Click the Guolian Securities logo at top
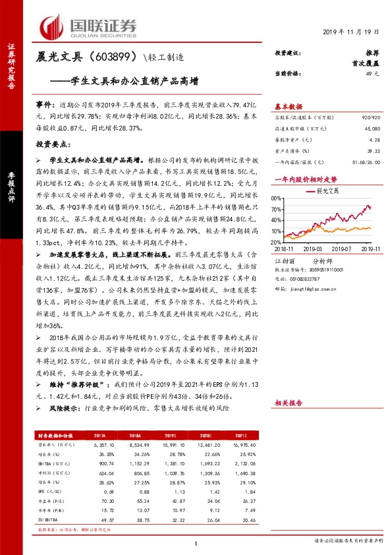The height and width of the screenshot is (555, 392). tap(89, 26)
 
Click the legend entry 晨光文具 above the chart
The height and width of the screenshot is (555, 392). tap(327, 190)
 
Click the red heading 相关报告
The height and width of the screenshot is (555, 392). tap(288, 401)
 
